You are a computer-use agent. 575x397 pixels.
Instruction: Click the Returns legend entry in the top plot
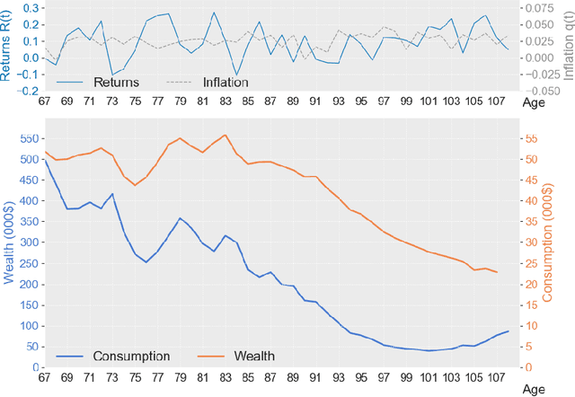point(116,83)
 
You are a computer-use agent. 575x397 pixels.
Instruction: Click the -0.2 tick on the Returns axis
point(27,91)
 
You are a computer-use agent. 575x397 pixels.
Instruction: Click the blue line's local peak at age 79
point(180,217)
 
